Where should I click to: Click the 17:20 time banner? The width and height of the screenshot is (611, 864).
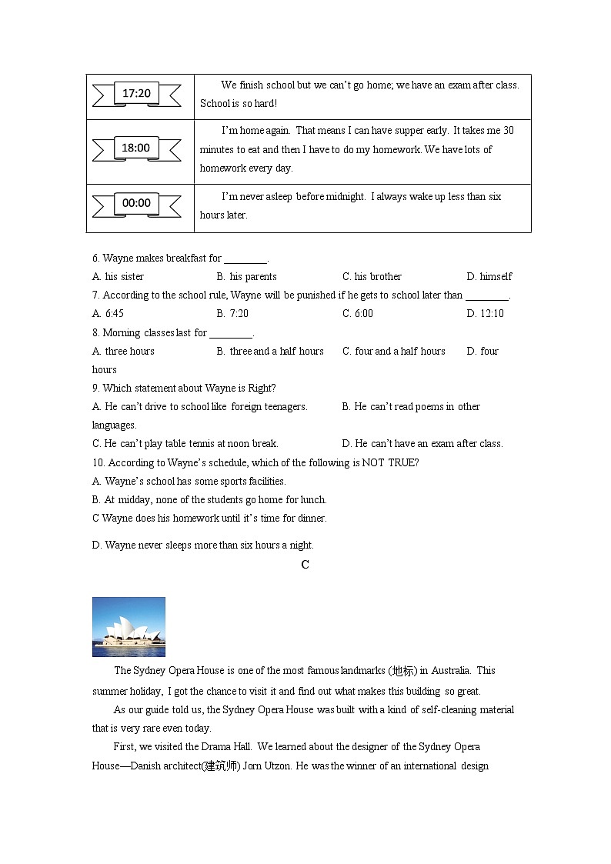tap(136, 94)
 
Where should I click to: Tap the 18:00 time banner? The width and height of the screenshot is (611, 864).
tap(136, 148)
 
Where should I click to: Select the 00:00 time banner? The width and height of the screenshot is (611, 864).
tap(136, 203)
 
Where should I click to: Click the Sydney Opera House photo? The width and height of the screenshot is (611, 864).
tap(129, 626)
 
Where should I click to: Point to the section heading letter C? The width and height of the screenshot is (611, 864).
tap(305, 565)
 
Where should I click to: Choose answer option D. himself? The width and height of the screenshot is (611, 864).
tap(489, 277)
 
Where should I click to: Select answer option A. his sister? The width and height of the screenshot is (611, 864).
tap(118, 277)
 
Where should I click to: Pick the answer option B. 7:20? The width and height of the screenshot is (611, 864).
tap(232, 314)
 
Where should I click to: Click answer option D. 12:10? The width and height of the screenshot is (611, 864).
tap(485, 314)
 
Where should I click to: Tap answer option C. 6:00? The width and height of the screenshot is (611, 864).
tap(358, 314)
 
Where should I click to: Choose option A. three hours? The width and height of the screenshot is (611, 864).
tap(123, 352)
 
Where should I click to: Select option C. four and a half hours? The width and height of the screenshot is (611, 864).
tap(394, 352)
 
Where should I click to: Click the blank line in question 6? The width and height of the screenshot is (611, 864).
tap(245, 260)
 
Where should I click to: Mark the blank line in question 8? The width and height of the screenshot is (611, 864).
tap(231, 335)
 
